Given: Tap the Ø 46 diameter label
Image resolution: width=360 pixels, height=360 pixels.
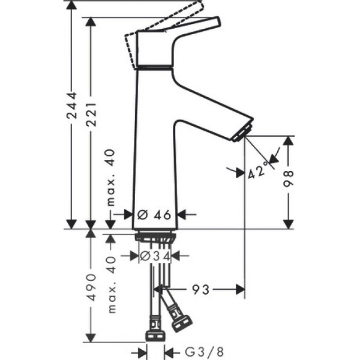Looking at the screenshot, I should click(155, 214).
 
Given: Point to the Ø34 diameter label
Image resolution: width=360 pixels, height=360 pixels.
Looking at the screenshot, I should click(155, 256).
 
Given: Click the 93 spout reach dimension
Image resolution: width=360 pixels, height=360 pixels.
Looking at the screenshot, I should click(202, 290).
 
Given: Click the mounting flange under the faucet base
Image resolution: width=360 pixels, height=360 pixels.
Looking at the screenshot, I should click(155, 238).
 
